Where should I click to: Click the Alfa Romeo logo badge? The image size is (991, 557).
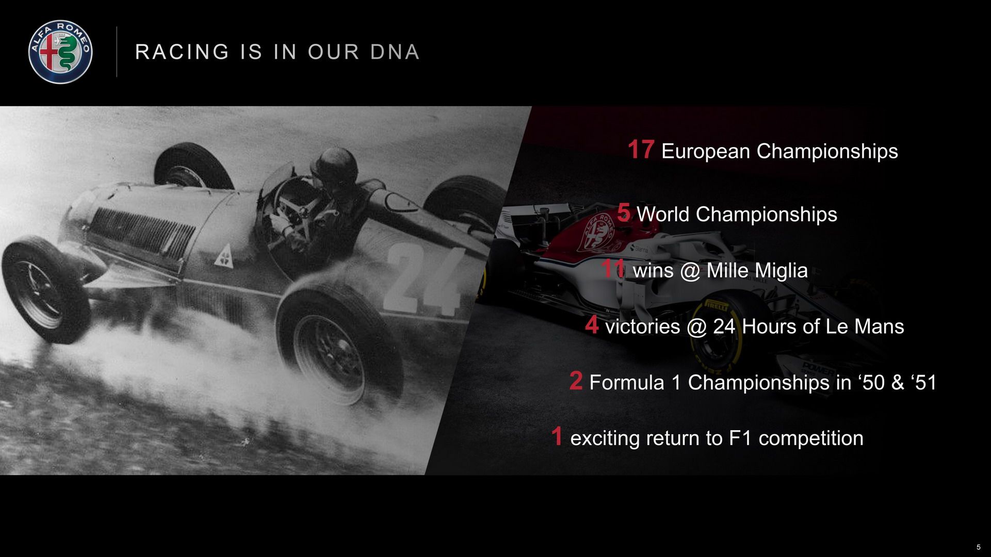point(60,52)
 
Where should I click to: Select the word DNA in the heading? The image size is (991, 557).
point(395,52)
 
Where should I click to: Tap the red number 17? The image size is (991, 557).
point(641,150)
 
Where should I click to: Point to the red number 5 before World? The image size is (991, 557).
point(623,212)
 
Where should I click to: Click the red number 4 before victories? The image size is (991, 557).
point(592,325)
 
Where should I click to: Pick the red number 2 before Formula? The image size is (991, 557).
point(576,381)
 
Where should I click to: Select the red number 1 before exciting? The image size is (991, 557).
point(556,436)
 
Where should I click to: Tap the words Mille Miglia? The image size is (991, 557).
point(756,270)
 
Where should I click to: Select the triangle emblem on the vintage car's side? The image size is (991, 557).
point(224,258)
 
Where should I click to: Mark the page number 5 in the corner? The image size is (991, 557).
point(978,547)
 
